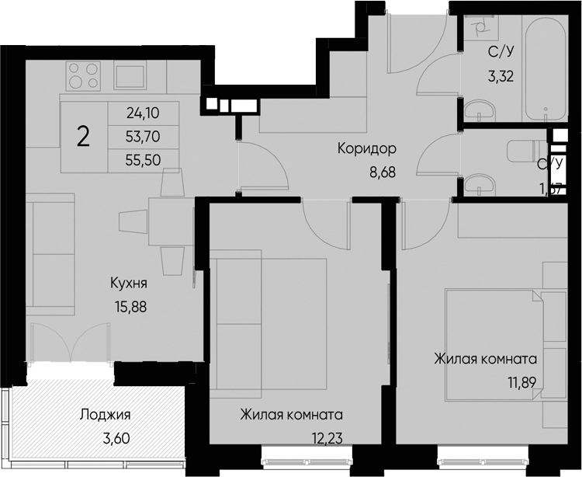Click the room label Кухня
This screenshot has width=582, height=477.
(129, 284)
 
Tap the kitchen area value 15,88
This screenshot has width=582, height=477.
(129, 305)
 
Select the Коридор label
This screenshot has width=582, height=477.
(367, 148)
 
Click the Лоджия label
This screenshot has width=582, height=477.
(105, 415)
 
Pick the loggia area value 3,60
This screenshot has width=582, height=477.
(116, 437)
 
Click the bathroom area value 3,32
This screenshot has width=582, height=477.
(501, 76)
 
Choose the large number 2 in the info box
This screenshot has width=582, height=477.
(83, 138)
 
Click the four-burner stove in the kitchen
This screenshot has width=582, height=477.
(84, 75)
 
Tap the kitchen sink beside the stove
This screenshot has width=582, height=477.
(135, 76)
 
